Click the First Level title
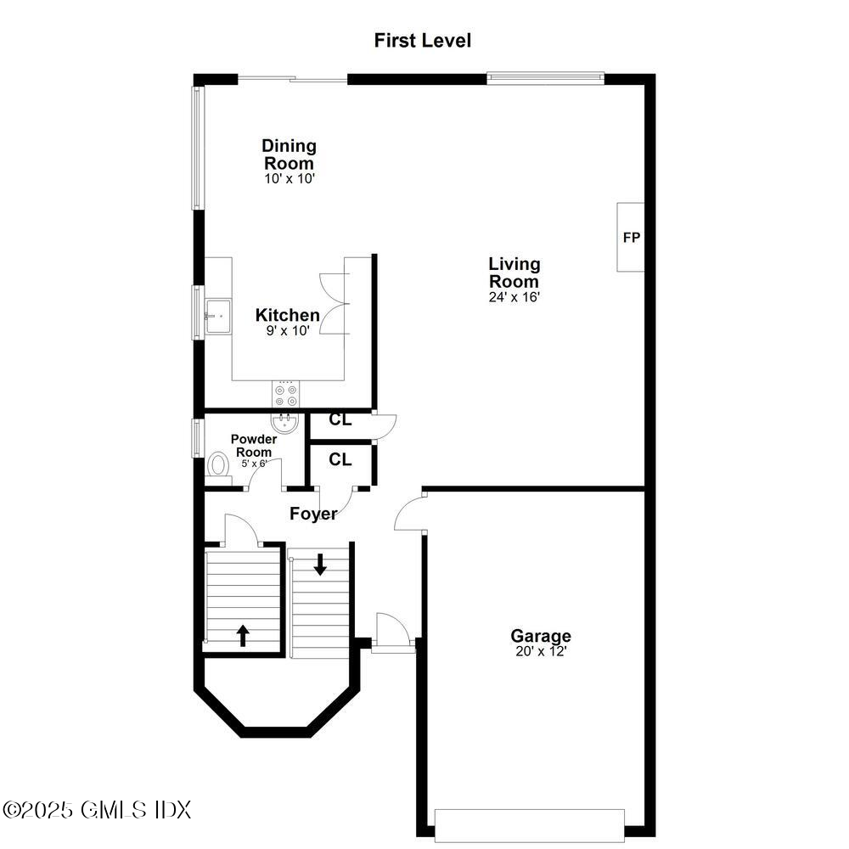(422, 40)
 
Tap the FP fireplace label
(631, 238)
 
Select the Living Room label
(514, 273)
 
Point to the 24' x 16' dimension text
(514, 297)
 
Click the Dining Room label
(289, 155)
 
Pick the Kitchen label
(288, 315)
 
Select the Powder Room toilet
(218, 465)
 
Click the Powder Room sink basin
(284, 422)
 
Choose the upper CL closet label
(340, 419)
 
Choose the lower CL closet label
(340, 459)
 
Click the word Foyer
(313, 514)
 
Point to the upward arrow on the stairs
(243, 635)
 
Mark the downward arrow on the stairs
(320, 564)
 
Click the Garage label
(540, 636)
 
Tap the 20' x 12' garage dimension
(540, 651)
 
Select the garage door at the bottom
(529, 824)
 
